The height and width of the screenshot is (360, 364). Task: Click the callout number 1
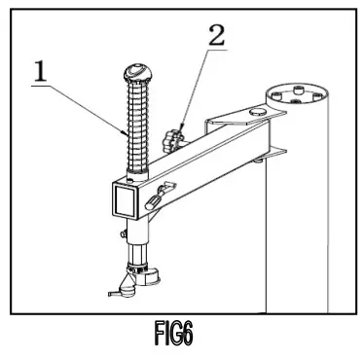tap(40, 70)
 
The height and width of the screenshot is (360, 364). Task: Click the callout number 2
tap(216, 36)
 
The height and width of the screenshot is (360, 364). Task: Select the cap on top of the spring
tap(136, 73)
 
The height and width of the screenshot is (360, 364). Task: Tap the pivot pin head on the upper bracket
tap(254, 113)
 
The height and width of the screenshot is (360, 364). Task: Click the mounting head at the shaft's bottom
tap(139, 271)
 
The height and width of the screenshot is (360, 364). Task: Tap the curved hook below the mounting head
tap(115, 290)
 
